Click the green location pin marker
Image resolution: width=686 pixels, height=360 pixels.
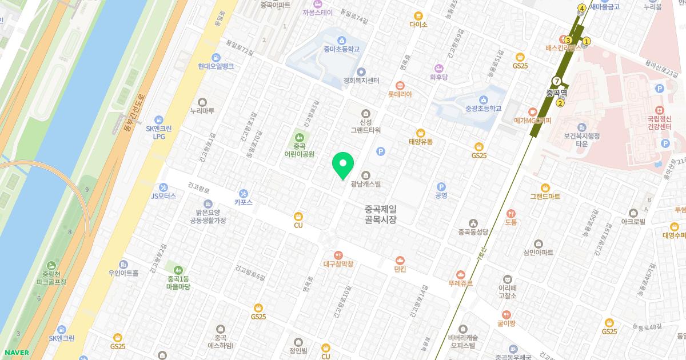coord(343,165)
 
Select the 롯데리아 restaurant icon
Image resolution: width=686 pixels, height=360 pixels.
coord(400,85)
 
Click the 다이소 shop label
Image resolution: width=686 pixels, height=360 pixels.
coord(418,25)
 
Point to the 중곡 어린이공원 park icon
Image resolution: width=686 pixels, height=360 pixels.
coord(299,137)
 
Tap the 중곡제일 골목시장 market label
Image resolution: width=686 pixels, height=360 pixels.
coord(380,214)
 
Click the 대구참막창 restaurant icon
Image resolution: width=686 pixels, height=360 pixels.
coord(338,255)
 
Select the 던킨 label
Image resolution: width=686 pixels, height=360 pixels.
coord(400,269)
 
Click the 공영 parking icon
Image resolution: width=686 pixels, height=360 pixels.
coord(441,186)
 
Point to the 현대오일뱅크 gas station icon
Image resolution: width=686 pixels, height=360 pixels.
coord(216,57)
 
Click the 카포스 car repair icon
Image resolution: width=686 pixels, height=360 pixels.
coord(244,193)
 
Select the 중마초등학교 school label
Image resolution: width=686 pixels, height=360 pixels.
coord(341,49)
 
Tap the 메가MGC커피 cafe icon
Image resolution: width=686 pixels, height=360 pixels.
coord(532,111)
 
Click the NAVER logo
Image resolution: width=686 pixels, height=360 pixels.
coord(15,353)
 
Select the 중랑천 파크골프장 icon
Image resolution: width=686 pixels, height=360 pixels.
coord(51,265)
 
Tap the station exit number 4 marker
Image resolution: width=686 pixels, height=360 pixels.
coord(582,8)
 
